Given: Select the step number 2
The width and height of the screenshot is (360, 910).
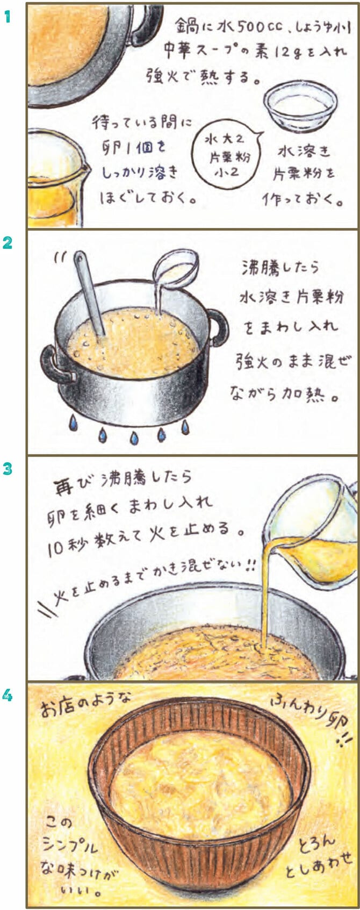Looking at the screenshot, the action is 8,243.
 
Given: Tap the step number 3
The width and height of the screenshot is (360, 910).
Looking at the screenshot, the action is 8,469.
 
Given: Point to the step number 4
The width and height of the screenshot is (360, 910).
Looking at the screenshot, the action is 8,696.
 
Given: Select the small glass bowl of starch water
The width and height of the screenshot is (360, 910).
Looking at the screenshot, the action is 301,104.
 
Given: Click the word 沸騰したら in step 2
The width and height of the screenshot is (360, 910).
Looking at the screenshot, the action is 280,267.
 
